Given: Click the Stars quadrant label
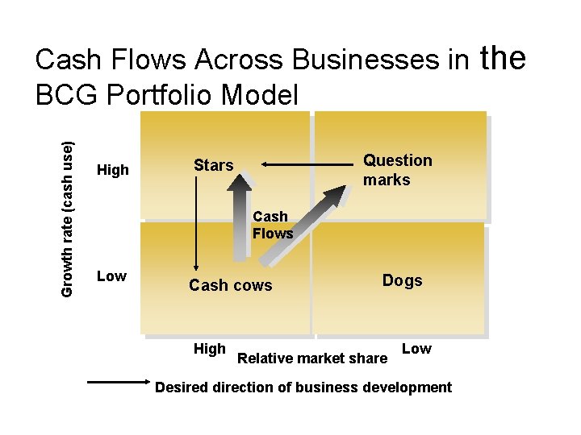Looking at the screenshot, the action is click(213, 166).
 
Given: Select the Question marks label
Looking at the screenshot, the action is click(397, 170).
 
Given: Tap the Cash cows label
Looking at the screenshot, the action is click(230, 285).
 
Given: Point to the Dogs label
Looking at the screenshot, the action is click(402, 280).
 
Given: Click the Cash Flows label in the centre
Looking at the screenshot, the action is click(272, 225).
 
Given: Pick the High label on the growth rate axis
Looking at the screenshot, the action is click(112, 170).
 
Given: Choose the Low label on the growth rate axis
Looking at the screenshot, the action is click(111, 276).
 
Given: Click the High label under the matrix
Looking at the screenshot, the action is click(210, 349).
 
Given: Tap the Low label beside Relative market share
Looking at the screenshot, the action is click(416, 349).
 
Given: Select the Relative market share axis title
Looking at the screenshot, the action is click(312, 358).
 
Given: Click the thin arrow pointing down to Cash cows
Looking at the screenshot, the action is click(195, 226).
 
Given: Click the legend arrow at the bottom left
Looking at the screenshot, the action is click(118, 384).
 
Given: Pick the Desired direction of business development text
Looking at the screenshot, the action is click(303, 387).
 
